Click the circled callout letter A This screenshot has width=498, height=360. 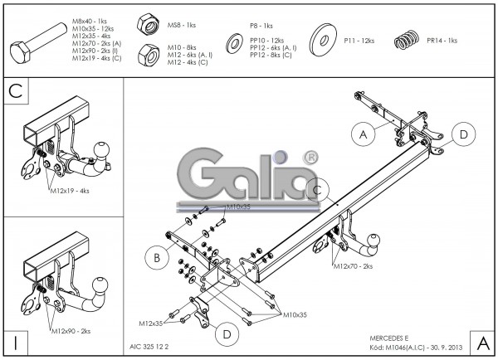click(x=362, y=133)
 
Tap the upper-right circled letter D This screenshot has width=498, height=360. click(x=463, y=134)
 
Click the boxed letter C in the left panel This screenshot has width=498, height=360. click(x=16, y=91)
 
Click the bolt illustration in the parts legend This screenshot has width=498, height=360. click(x=37, y=46)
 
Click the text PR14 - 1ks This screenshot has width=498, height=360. click(x=442, y=40)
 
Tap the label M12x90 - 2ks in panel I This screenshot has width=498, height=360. click(x=70, y=331)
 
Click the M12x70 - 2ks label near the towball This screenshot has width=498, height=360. click(x=354, y=266)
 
